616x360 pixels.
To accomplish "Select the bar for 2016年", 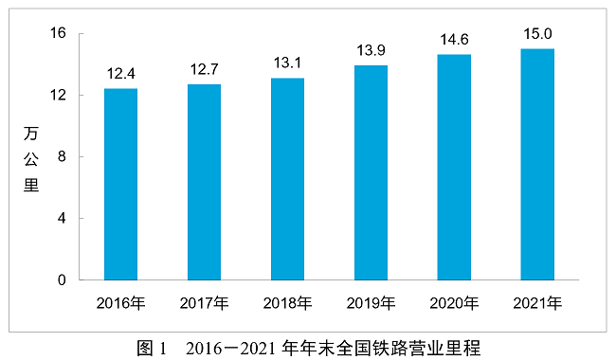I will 120,185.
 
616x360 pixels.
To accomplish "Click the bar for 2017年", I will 204,183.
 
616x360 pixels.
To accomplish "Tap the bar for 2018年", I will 287,179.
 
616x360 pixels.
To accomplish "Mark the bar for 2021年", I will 537,165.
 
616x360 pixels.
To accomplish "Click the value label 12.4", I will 120,73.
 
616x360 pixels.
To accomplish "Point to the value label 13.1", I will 287,63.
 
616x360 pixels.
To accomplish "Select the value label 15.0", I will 537,33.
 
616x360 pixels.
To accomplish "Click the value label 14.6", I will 454,39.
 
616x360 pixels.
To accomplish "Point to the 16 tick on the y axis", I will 58,33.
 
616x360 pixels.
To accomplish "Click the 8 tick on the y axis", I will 62,156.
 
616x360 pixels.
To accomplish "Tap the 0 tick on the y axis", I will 62,280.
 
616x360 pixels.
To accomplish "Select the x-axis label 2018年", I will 287,303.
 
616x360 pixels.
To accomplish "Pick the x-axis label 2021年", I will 537,303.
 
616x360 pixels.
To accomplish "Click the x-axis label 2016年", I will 120,303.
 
